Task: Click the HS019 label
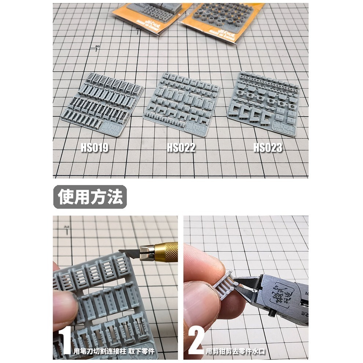pyautogui.click(x=95, y=147)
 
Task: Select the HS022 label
pyautogui.click(x=181, y=147)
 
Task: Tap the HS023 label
pyautogui.click(x=268, y=147)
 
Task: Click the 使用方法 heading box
pyautogui.click(x=90, y=197)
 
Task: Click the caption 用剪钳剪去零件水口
pyautogui.click(x=235, y=351)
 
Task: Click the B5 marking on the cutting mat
pyautogui.click(x=97, y=47)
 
